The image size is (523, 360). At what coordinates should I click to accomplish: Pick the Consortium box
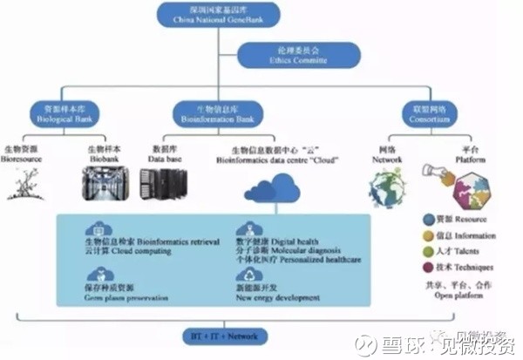426,112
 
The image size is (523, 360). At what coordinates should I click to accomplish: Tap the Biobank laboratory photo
103,185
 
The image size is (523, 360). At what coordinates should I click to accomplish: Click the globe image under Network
386,186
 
